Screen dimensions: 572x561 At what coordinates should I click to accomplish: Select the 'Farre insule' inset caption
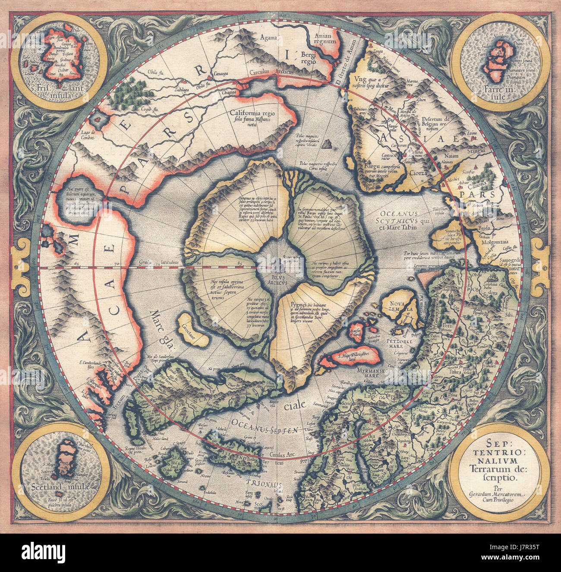[503, 94]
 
